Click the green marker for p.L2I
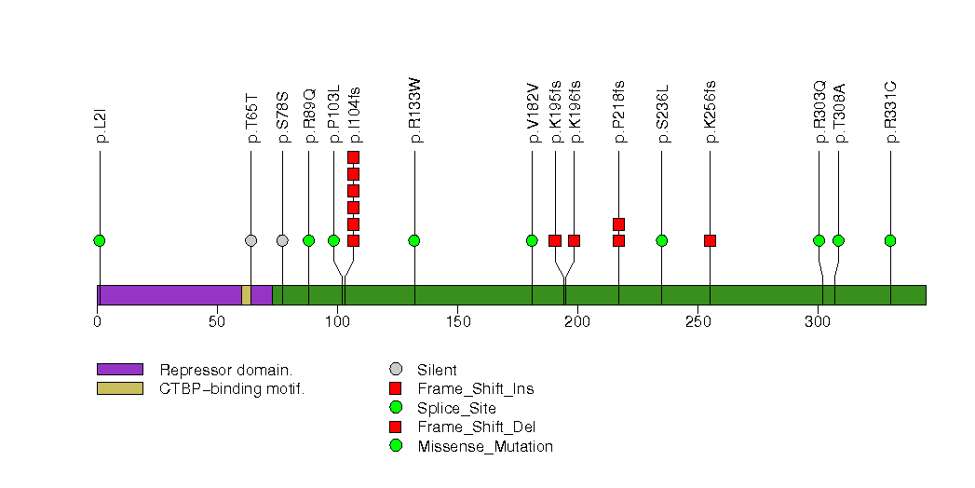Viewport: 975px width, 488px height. [x=100, y=240]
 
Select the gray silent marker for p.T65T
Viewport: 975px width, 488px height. [x=251, y=240]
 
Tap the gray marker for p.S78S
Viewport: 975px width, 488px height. [x=282, y=240]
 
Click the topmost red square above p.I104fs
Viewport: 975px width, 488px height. [x=353, y=156]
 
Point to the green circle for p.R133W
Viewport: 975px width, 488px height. [x=414, y=240]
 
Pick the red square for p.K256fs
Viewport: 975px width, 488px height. [x=710, y=240]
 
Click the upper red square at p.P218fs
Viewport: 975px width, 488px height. [x=618, y=224]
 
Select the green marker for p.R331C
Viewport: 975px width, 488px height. [x=890, y=240]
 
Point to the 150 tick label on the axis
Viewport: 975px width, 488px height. [x=457, y=322]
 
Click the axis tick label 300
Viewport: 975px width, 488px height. [x=817, y=322]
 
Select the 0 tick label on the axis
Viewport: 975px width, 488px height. [x=98, y=322]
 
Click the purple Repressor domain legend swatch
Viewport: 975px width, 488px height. [x=120, y=369]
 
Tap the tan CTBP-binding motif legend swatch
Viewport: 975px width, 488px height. [x=120, y=388]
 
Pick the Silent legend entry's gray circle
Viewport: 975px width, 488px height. [x=396, y=370]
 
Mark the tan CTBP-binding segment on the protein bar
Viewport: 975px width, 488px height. [x=246, y=294]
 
